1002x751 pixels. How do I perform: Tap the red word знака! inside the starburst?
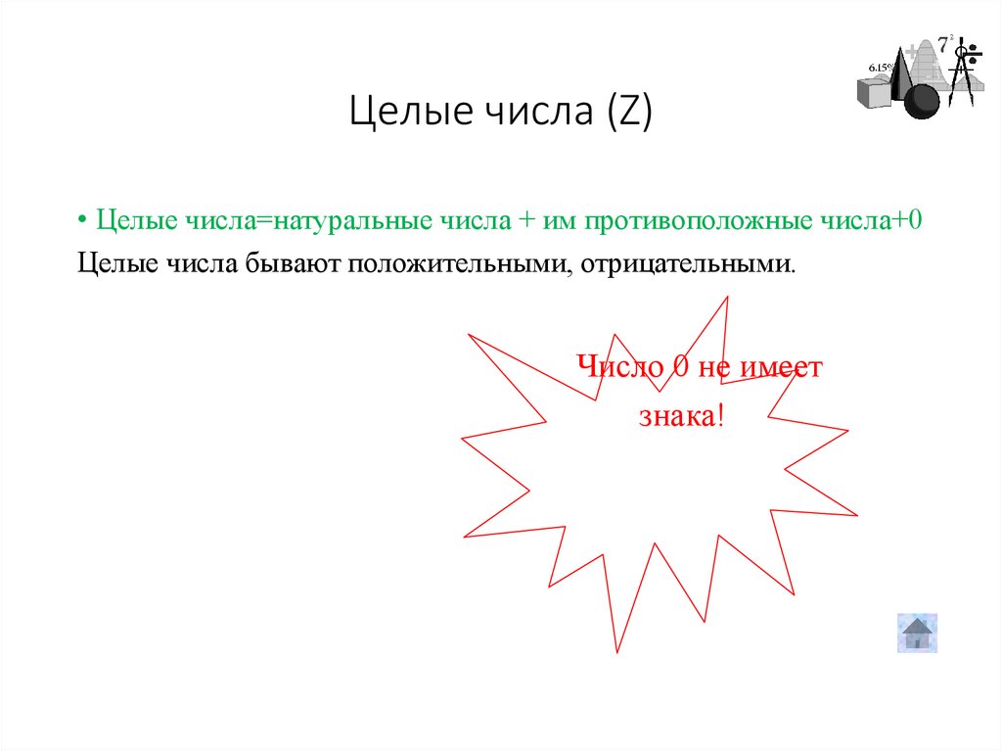tap(682, 417)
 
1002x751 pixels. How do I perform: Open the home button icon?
tap(917, 633)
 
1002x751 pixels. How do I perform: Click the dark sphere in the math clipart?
tap(921, 101)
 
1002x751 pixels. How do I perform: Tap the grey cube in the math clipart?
tap(875, 91)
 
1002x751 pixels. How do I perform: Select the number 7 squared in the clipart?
tap(944, 43)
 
